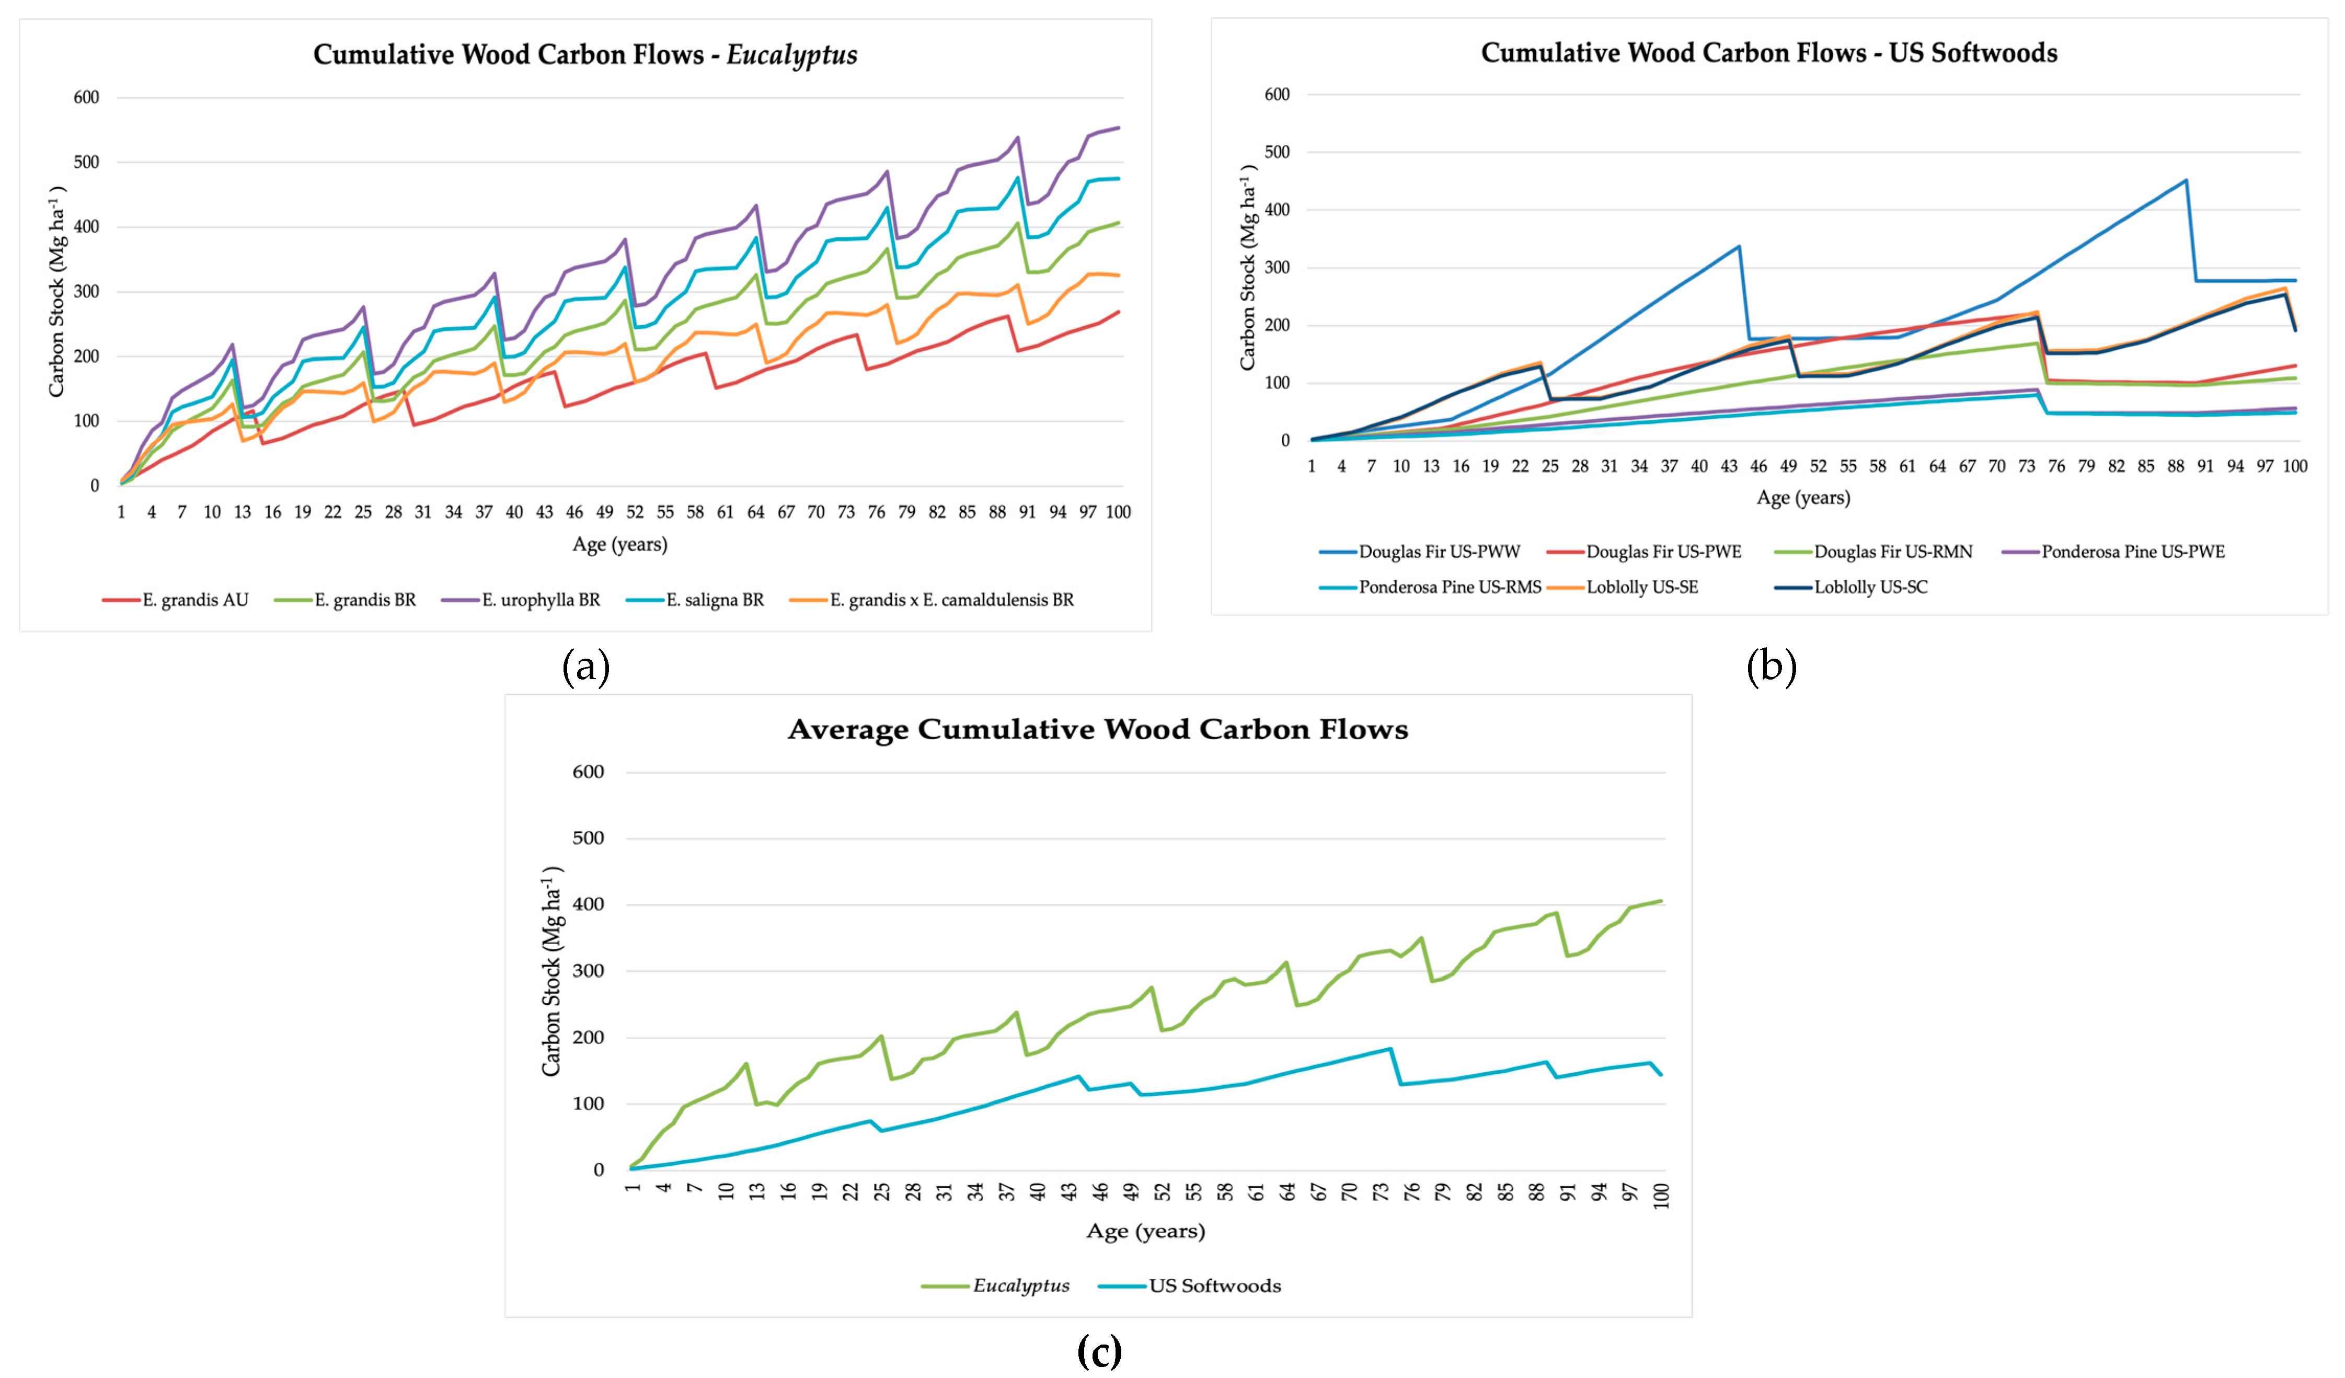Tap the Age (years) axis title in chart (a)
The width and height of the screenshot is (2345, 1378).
[620, 544]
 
